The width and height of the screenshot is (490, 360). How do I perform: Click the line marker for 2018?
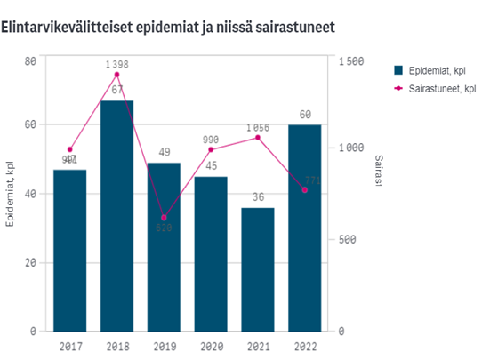coord(116,75)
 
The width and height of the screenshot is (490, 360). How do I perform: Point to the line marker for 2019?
coord(164,218)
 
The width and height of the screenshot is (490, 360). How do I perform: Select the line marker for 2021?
coord(258,137)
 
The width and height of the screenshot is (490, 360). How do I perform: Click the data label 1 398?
coord(116,64)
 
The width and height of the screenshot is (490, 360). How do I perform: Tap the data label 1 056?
coord(258,127)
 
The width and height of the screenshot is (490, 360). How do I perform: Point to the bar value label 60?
coord(305,115)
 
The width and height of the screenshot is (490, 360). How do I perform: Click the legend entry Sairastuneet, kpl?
coord(440,90)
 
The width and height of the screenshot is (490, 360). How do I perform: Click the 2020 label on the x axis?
coord(211,346)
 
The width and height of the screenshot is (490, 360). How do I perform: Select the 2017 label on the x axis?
coord(69,346)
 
